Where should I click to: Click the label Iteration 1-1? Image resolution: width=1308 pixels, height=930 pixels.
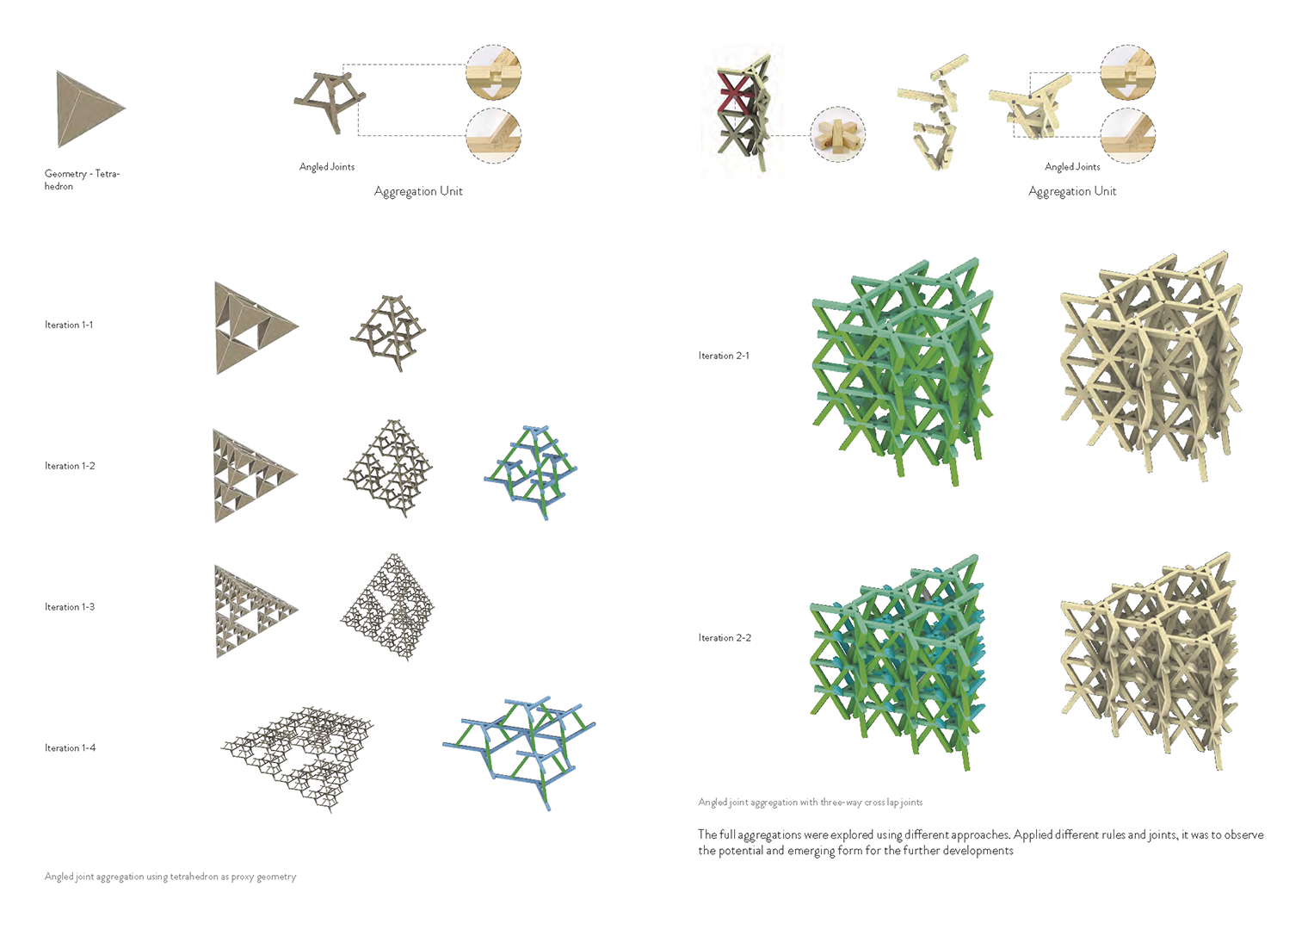(69, 325)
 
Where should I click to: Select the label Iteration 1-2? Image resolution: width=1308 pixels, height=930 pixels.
(70, 466)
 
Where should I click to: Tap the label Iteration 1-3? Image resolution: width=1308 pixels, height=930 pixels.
(70, 607)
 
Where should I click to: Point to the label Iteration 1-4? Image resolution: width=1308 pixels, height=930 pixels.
(70, 747)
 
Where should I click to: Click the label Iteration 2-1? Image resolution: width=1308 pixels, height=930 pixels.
(724, 356)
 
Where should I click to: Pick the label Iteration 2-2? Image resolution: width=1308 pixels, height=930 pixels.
(725, 638)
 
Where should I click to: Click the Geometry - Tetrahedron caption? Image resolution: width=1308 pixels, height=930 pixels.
(82, 179)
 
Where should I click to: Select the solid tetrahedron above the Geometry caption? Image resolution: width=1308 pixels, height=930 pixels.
(88, 108)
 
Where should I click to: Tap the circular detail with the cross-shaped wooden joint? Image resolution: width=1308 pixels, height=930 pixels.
(838, 134)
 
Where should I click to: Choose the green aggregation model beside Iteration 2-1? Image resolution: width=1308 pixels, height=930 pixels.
(902, 371)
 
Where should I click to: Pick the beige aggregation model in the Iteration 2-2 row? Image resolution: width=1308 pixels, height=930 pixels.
(1149, 660)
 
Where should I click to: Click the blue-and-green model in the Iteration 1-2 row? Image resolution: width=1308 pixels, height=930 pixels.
(531, 472)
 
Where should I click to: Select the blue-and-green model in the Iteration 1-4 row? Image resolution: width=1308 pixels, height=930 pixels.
(519, 753)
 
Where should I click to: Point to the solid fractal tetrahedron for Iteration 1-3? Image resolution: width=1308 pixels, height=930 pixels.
(256, 611)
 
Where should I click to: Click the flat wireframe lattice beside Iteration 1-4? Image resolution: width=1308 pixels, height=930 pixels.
(297, 759)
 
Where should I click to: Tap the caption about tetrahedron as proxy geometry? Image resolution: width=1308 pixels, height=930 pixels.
(170, 877)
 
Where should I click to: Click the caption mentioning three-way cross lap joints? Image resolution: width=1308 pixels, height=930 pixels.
(811, 803)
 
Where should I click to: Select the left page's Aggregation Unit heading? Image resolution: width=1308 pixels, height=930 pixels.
(418, 191)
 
